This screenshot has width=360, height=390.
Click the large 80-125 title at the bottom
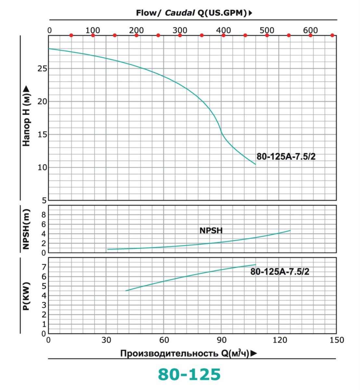[x=189, y=374]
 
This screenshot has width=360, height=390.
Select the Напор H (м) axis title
[x=26, y=116]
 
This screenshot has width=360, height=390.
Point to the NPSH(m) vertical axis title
[x=26, y=229]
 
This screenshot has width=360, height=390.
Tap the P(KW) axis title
[x=26, y=296]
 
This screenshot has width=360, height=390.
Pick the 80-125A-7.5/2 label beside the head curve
[x=286, y=157]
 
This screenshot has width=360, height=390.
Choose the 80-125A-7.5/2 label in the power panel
[x=280, y=272]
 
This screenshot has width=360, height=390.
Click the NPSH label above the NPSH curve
[x=211, y=230]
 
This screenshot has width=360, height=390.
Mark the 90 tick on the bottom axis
[x=222, y=340]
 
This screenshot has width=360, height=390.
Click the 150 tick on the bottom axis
[x=337, y=340]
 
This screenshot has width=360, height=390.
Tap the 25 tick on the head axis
[x=43, y=69]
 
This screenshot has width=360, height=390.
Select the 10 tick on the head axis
[x=43, y=167]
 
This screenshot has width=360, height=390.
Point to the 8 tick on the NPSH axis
[x=44, y=215]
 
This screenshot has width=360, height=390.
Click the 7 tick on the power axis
[x=44, y=267]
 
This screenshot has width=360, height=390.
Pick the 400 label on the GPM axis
[x=224, y=30]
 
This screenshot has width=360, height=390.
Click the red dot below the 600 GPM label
[x=311, y=35]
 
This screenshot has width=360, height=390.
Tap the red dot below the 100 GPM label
[x=93, y=35]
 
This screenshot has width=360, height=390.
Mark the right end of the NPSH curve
[x=290, y=230]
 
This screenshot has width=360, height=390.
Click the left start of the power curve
[x=126, y=291]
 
